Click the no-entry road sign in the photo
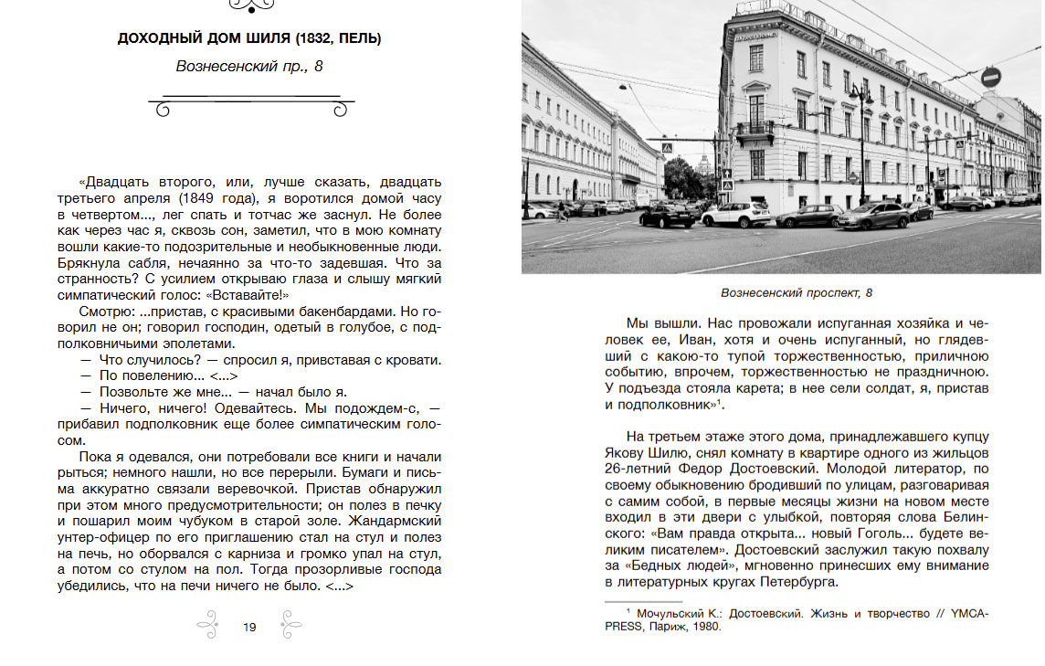coord(991,78)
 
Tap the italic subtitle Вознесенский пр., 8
coord(249,67)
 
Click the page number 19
coord(249,627)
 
